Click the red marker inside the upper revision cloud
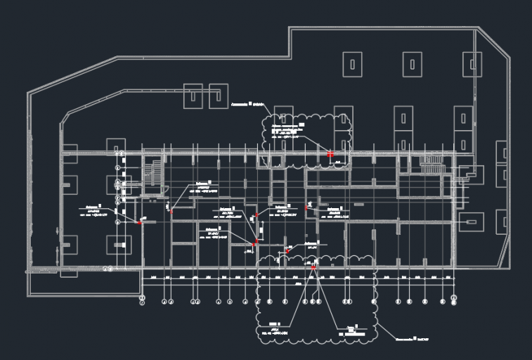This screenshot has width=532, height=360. pyautogui.click(x=330, y=153)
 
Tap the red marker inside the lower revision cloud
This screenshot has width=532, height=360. pyautogui.click(x=313, y=267)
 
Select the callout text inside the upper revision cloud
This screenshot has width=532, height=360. pyautogui.click(x=285, y=131)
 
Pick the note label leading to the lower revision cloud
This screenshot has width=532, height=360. pyautogui.click(x=412, y=340)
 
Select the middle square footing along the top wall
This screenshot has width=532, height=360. pyautogui.click(x=412, y=65)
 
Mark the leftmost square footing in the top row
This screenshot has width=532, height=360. pyautogui.click(x=352, y=65)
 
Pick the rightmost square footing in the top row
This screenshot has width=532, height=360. pyautogui.click(x=472, y=65)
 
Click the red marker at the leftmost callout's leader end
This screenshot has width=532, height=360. pyautogui.click(x=140, y=223)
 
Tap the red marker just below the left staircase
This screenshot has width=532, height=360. pyautogui.click(x=171, y=211)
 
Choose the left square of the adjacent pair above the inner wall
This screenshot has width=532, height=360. pyautogui.click(x=193, y=96)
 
